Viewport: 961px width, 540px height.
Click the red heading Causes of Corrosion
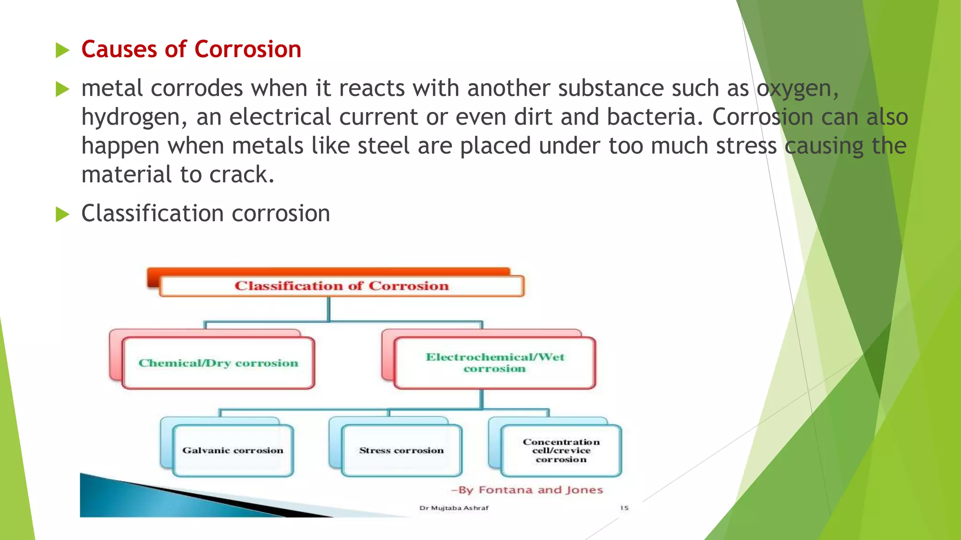[191, 49]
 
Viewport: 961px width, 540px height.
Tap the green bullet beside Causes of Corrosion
[62, 50]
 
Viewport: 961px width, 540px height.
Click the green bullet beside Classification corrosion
[62, 214]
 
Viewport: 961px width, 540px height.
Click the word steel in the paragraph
[383, 146]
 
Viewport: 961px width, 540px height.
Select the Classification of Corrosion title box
[342, 286]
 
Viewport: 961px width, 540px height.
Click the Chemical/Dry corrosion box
[218, 363]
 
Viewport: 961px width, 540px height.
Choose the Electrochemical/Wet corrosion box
[495, 363]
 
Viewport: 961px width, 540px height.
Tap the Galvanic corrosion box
[233, 450]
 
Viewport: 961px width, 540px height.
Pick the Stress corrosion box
[401, 450]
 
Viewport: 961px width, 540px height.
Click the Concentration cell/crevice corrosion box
[561, 450]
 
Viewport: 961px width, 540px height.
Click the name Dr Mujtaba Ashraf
[454, 508]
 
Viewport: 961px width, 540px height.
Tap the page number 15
[624, 508]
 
